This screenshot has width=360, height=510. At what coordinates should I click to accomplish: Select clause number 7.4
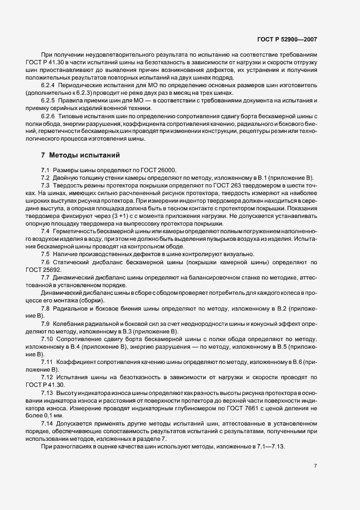[x=46, y=232]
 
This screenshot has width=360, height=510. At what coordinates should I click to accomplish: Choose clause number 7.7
[x=46, y=278]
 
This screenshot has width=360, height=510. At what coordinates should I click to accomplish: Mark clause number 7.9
[x=46, y=324]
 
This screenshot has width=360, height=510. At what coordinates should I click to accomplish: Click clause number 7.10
[x=47, y=339]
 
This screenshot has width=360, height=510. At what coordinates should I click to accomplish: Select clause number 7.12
[x=47, y=377]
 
